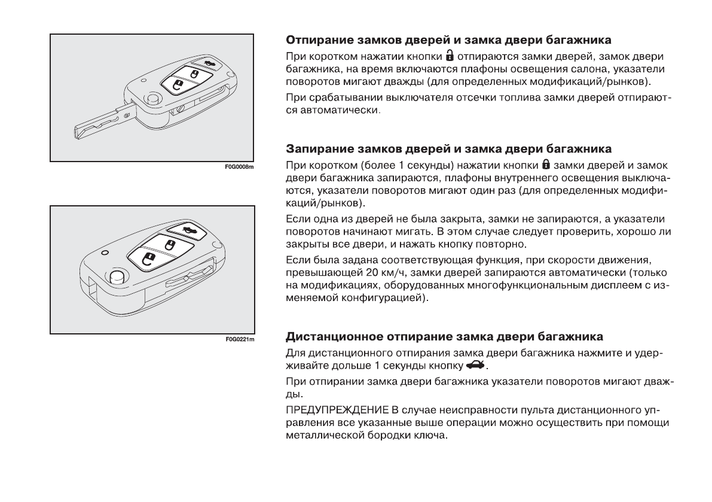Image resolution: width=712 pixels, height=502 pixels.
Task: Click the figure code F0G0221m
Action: [x=241, y=340]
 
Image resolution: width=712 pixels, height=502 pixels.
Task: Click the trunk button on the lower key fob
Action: [x=185, y=230]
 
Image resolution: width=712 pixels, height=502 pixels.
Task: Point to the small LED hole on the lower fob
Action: [x=105, y=253]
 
